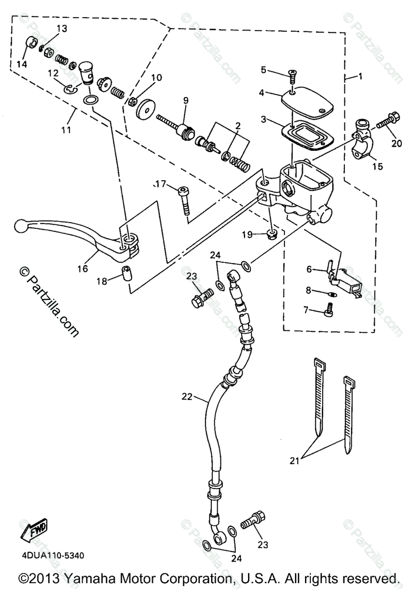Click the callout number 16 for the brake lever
[x=82, y=268]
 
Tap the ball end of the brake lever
[x=21, y=226]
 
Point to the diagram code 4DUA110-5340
[x=53, y=556]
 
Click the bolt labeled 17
[x=185, y=200]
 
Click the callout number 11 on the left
[x=66, y=130]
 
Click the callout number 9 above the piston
[x=186, y=101]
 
